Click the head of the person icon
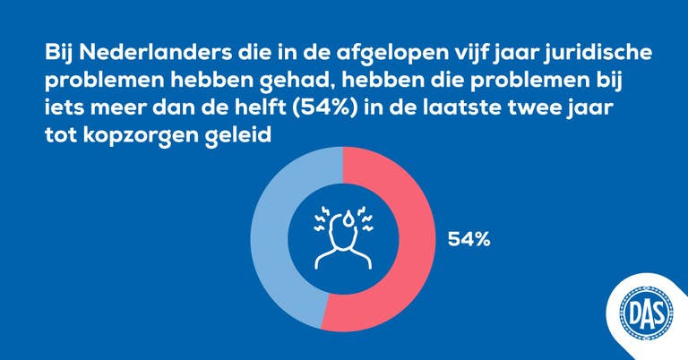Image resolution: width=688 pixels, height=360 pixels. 343,234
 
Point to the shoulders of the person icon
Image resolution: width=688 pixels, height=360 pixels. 343,261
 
